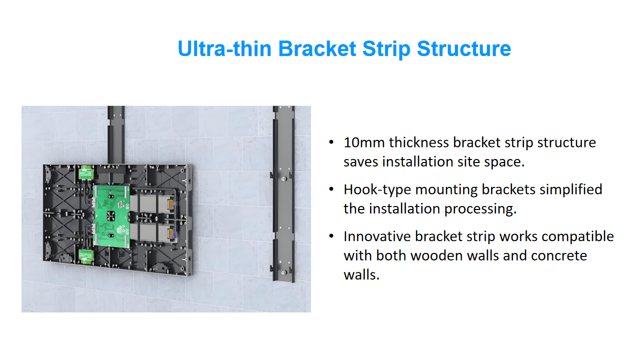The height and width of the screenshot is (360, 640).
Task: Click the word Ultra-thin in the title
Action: pos(224,48)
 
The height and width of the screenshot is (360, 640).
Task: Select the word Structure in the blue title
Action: pos(463,48)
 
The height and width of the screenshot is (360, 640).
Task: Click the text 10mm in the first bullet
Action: pos(364,142)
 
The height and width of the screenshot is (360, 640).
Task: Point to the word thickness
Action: pos(418,142)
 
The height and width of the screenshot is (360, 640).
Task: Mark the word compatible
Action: pos(577,237)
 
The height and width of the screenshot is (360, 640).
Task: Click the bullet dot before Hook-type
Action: pos(331,189)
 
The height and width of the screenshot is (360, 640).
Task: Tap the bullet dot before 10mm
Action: pos(331,142)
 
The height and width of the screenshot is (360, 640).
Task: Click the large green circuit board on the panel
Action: pos(111,216)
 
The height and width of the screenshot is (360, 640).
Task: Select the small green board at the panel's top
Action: pos(86,172)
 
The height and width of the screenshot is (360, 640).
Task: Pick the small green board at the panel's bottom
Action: pos(86,256)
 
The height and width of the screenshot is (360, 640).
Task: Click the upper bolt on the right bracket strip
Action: pos(283,179)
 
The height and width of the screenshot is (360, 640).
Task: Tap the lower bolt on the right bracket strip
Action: pos(283,272)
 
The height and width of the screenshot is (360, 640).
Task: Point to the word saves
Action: pos(360,162)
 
